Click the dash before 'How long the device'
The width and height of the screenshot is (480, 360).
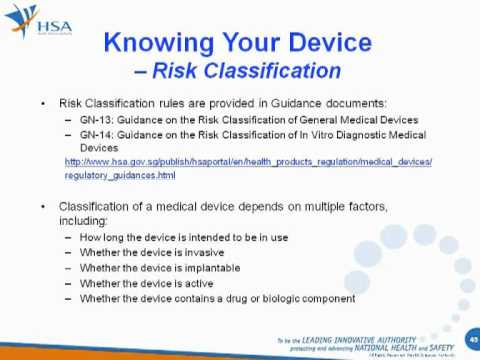pyautogui.click(x=68, y=238)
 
